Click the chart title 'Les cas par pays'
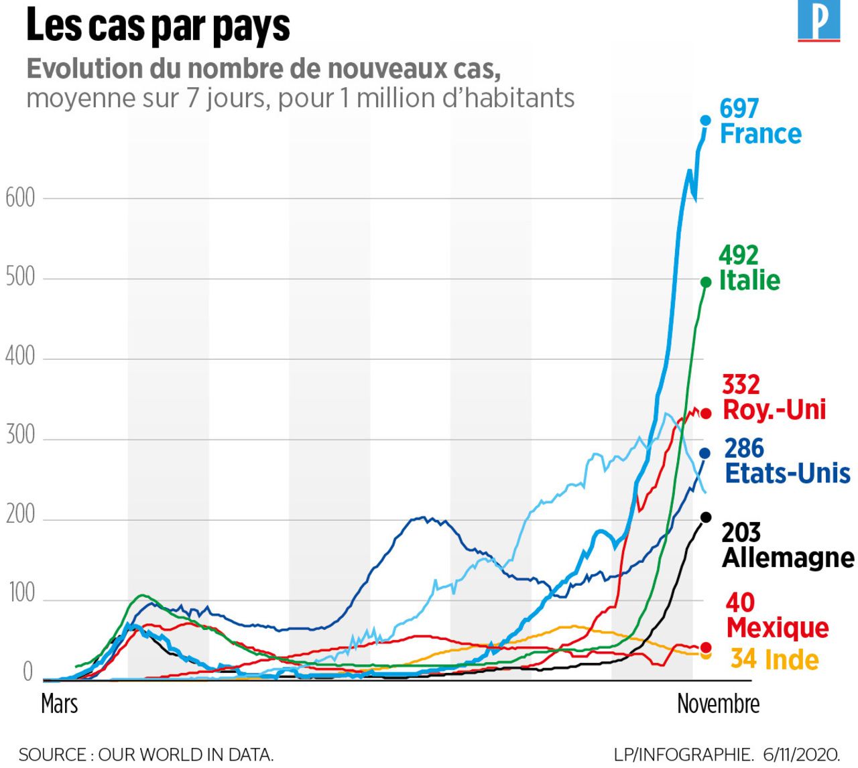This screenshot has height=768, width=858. point(158,27)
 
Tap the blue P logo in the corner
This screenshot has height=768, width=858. point(818,21)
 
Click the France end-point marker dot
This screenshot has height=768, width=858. point(705,121)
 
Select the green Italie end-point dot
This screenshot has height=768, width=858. point(705,283)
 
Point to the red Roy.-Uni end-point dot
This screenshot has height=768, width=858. point(705,413)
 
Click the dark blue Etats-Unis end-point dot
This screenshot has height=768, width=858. point(704,454)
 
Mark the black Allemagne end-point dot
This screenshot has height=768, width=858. point(706,517)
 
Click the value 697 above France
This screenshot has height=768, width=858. point(739,108)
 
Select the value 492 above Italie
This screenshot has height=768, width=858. point(738,255)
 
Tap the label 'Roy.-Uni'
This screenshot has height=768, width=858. point(774,409)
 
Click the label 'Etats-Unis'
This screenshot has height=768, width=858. point(788,473)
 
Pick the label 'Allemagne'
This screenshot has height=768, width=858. point(788,558)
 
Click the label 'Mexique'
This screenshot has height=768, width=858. point(778,628)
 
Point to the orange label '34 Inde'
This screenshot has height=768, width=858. point(774,659)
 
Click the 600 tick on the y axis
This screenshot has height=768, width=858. point(20,198)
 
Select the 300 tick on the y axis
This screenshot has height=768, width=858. point(20,436)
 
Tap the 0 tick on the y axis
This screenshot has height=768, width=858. point(27,672)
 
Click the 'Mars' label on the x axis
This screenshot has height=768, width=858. point(60,704)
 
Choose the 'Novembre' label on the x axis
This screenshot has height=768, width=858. point(718,704)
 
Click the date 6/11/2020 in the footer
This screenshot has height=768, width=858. point(801,754)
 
